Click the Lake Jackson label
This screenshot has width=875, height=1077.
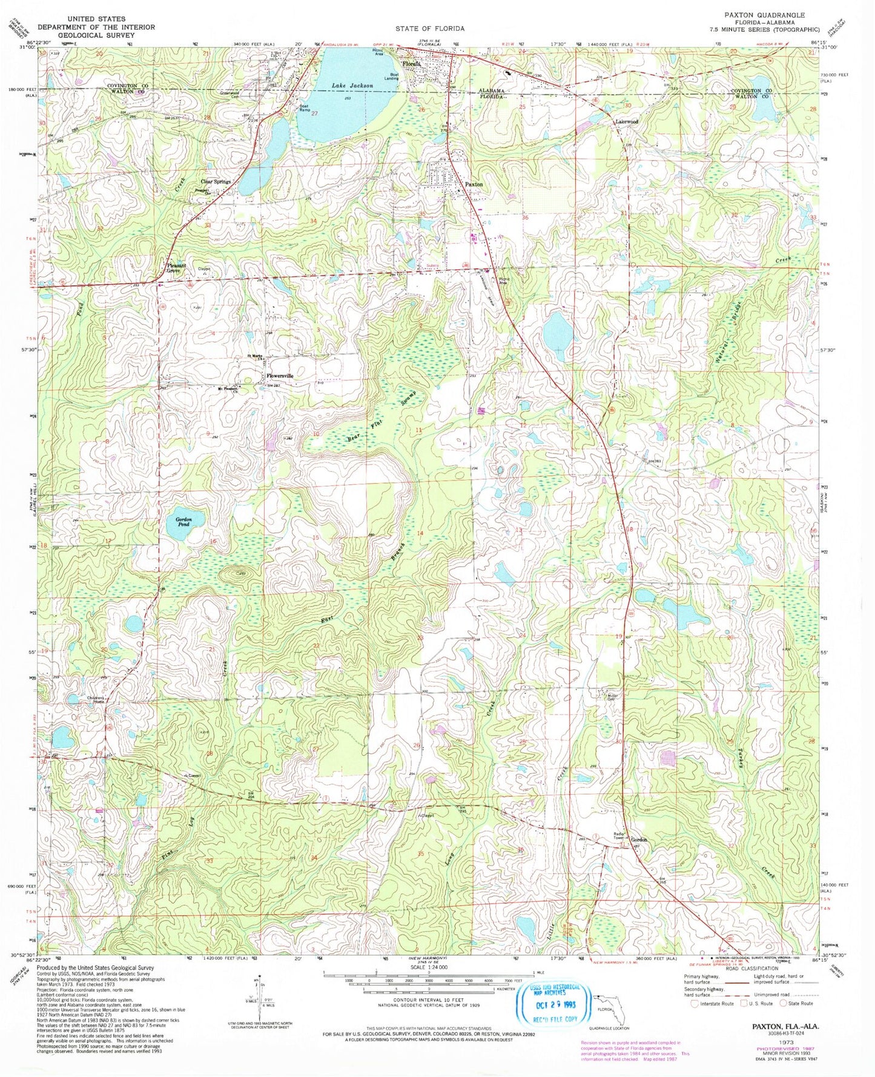[x=352, y=86]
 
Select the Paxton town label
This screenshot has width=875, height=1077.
[x=473, y=184]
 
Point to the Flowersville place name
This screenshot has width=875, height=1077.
[x=280, y=376]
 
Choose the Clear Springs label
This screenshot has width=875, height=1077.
[x=216, y=181]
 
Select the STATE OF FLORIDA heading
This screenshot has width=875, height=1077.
[x=431, y=28]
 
